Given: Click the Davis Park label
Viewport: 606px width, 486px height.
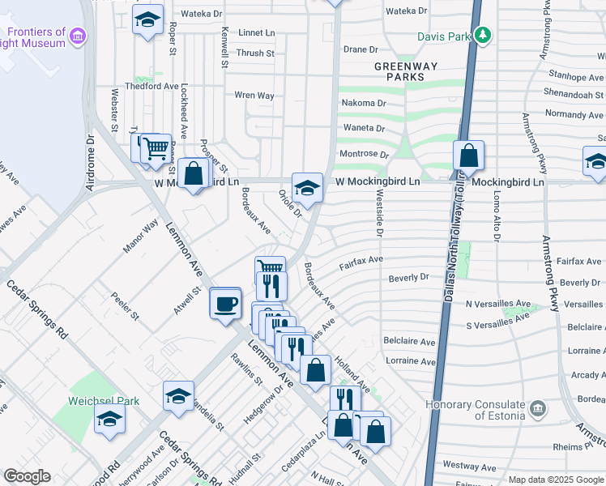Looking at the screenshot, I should (x=443, y=36).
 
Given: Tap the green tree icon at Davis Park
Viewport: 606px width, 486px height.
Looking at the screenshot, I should (x=483, y=35).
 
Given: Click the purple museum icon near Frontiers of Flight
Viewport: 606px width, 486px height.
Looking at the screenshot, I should (x=78, y=35).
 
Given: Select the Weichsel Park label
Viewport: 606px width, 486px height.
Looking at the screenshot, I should (x=105, y=401).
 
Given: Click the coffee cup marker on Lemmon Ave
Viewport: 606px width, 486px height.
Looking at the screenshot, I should (x=225, y=305).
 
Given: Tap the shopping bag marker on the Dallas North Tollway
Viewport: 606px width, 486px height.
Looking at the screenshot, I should (x=468, y=156).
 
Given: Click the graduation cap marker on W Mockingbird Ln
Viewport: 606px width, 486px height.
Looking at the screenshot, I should (x=307, y=188).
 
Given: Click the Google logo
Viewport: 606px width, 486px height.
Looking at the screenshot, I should (x=27, y=476).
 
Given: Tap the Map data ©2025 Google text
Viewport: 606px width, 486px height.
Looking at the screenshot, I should (x=555, y=480).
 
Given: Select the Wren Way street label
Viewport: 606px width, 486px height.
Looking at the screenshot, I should (x=254, y=96).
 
